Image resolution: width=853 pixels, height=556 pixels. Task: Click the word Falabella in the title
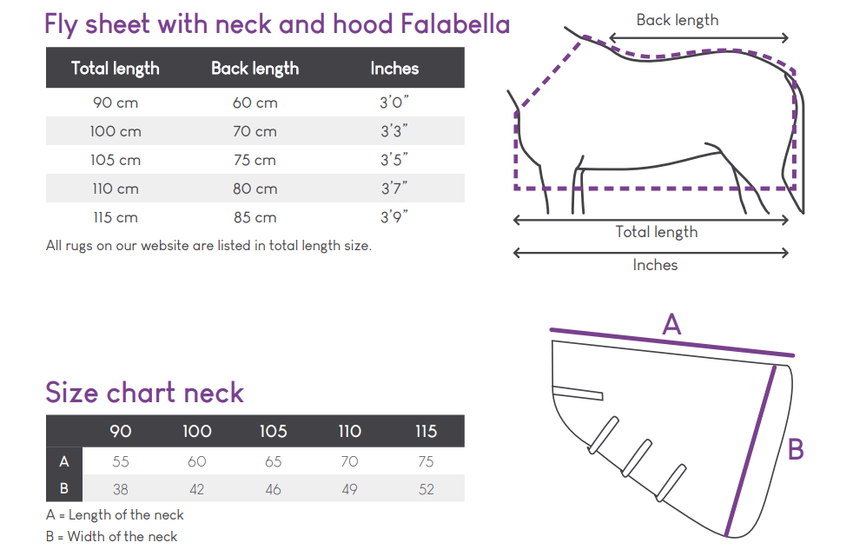[x=455, y=24]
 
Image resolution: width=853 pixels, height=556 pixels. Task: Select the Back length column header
[x=255, y=69]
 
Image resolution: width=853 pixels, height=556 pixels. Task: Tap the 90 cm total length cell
[x=116, y=103]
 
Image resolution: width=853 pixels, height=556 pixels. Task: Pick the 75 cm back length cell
[x=255, y=160]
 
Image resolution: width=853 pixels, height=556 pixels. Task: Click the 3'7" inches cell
[x=393, y=189]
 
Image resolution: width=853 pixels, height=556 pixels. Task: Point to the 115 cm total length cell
[x=116, y=217]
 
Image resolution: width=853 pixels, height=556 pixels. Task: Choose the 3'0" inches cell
[x=393, y=103]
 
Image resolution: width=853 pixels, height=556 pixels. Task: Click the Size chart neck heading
[x=145, y=393]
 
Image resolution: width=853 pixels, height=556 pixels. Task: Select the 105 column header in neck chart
[x=273, y=432]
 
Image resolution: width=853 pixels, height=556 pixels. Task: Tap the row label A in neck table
[x=64, y=461]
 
